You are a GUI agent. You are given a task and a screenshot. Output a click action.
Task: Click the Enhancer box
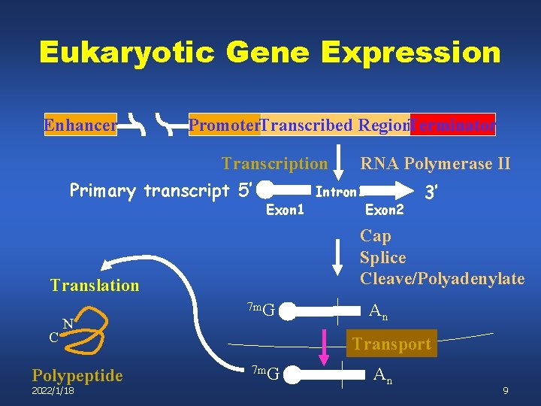coord(80,125)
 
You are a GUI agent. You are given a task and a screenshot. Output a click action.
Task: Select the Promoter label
coord(224,125)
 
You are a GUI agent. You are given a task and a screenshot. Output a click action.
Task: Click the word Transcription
coord(274,163)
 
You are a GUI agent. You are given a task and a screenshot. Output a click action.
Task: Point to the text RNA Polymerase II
coord(435,163)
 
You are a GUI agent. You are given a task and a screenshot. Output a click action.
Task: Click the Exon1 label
coord(286,210)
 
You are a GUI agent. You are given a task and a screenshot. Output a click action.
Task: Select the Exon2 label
coord(385,210)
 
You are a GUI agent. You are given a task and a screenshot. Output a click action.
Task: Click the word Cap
coord(376,236)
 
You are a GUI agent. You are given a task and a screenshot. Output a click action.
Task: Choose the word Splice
coord(382,257)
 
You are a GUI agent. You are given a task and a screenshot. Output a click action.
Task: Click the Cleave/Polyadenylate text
coord(442,278)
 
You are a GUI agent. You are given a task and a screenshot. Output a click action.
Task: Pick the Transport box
coord(391,344)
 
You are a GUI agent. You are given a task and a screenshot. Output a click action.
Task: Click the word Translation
coord(95,285)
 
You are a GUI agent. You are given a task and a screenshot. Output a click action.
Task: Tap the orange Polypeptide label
coord(77,375)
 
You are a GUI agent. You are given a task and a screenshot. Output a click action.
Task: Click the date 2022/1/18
coord(53,391)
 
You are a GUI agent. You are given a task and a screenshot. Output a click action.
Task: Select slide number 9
coord(506,391)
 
